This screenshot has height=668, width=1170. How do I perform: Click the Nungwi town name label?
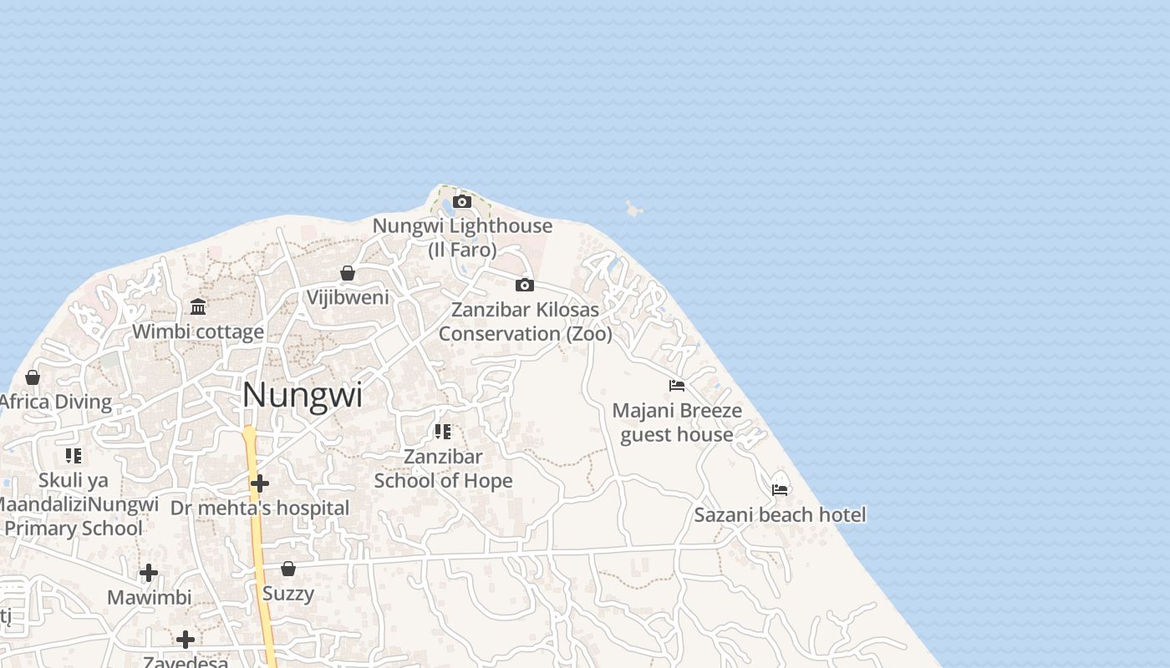point(303,395)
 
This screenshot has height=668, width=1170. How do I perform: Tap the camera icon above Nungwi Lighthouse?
point(462,201)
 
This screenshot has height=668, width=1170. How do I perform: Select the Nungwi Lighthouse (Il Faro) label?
point(462,237)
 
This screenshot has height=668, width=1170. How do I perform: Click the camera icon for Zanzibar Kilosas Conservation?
point(525,285)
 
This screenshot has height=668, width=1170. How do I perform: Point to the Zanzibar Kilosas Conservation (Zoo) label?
point(526,321)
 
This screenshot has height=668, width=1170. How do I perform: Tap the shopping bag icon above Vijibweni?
point(348,273)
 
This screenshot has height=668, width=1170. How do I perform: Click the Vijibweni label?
point(348,297)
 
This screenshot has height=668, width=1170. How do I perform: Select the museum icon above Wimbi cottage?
point(198,306)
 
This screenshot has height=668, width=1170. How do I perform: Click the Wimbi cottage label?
point(198,331)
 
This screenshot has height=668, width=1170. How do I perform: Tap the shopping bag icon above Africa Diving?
point(33,377)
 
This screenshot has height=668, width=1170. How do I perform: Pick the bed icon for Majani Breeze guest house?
point(677,386)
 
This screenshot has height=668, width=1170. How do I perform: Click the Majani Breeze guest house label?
point(677,423)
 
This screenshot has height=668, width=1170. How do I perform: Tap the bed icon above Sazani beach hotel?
point(780,489)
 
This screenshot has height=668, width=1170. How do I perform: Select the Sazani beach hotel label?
point(780,514)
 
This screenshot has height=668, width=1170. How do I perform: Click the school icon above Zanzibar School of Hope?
point(443,432)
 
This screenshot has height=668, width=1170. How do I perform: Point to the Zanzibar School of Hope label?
point(443,468)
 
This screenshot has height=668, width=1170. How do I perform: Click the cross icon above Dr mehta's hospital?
point(260,483)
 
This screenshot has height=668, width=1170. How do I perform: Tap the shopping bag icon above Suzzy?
point(288,569)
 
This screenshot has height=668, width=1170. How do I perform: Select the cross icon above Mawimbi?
point(149,573)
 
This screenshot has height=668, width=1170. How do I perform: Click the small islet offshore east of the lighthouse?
point(634,209)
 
